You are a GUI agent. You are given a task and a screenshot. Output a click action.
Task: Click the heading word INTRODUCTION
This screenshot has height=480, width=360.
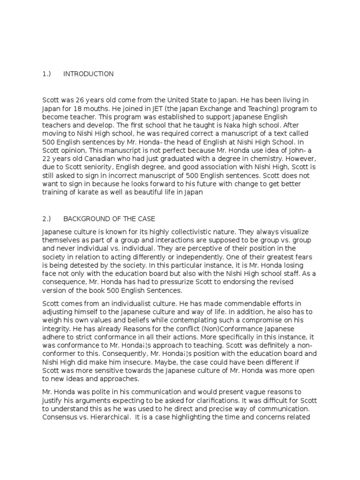(89, 74)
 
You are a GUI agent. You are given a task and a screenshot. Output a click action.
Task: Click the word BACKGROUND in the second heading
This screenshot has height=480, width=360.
(84, 219)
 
